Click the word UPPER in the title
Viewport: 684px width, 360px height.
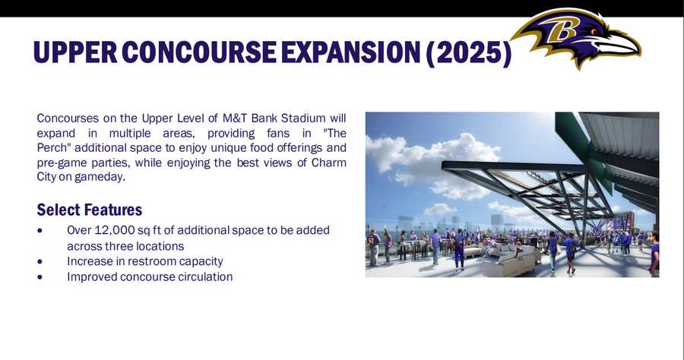click(x=73, y=52)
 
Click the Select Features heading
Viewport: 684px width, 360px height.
click(x=89, y=210)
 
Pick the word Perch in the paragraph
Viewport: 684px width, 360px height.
click(x=52, y=147)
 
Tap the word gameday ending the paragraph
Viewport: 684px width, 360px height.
click(x=100, y=176)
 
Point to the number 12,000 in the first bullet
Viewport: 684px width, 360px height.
click(x=119, y=230)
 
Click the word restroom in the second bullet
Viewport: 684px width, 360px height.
click(x=152, y=261)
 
